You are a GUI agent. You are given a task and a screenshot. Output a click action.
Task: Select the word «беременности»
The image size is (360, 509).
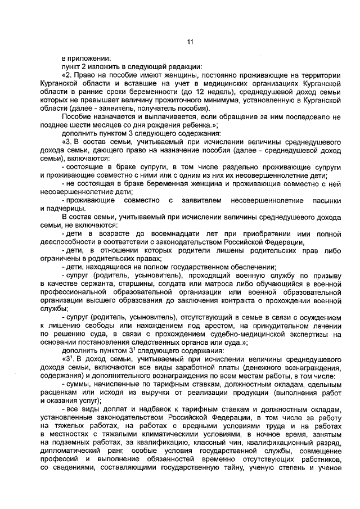point(156,91)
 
